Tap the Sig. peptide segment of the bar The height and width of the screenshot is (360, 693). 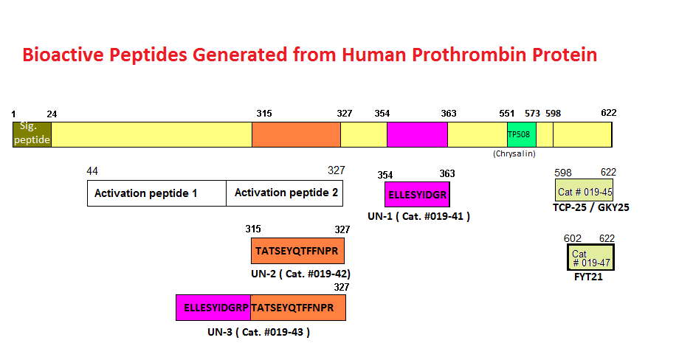pos(32,134)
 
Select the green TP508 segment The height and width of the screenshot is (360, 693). pos(522,134)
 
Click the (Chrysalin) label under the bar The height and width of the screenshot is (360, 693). pos(514,153)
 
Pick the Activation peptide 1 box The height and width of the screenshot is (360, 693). pos(156,193)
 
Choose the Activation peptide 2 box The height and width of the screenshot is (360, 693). pos(284,193)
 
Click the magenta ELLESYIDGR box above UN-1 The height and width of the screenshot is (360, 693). pos(417,194)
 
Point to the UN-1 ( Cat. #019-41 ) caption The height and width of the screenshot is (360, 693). pos(418,216)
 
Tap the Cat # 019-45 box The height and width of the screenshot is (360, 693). pos(585,190)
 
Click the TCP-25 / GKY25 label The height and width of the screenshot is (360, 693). pos(591,207)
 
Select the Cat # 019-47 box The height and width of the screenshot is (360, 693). pos(591,257)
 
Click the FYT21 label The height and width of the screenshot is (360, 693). pos(588,277)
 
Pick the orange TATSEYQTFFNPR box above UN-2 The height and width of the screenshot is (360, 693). pos(297,251)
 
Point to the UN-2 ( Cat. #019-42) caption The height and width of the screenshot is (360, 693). pos(300,274)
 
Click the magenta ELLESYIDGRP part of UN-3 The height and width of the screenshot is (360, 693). pos(213,308)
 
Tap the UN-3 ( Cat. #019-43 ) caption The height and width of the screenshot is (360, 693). pos(258,332)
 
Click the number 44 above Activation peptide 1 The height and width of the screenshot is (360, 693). pos(92,171)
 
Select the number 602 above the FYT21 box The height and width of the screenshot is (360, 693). pos(573,238)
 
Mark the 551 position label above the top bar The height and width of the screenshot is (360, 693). pos(506,114)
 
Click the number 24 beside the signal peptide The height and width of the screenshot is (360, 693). pos(52,114)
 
